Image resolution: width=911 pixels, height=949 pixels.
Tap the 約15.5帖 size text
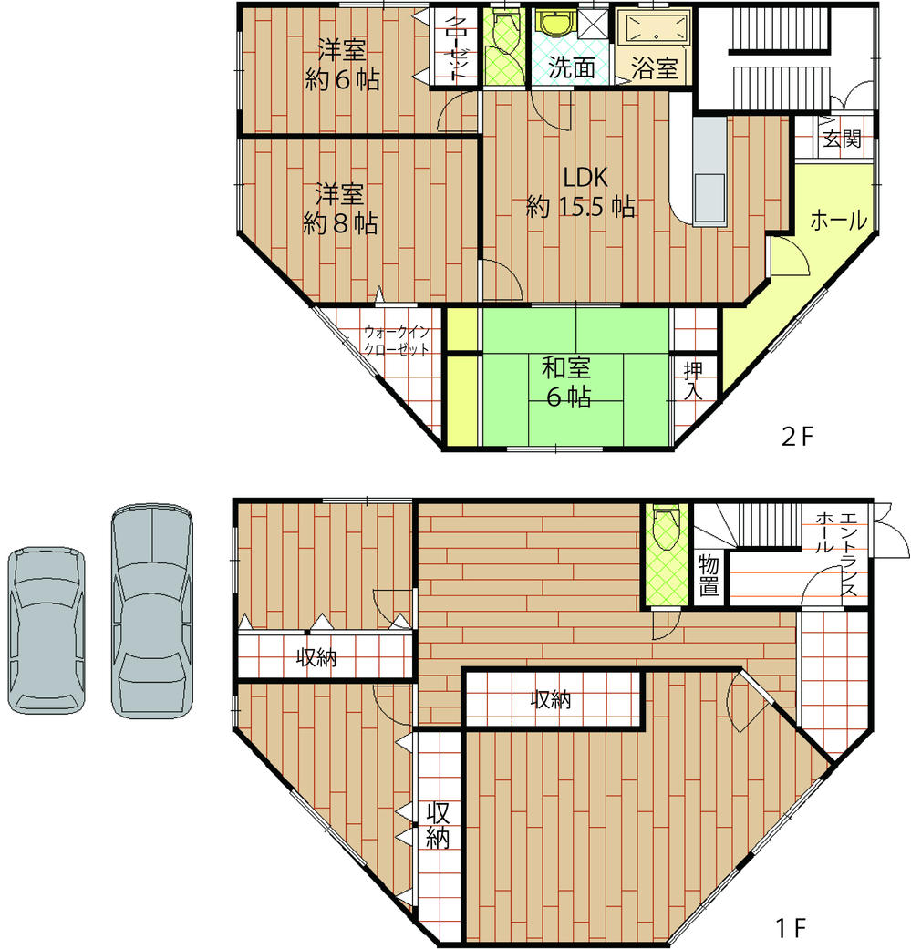tap(580, 208)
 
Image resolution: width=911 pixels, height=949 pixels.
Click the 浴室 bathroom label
tap(656, 68)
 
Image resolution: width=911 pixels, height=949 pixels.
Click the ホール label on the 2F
tap(838, 221)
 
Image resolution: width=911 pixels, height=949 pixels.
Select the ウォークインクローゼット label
tap(396, 340)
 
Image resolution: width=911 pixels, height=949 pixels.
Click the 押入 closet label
tap(694, 381)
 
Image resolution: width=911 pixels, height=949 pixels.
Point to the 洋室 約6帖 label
tap(342, 64)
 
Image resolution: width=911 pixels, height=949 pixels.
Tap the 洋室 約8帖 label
tap(340, 209)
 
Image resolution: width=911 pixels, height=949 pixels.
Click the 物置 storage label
tap(709, 575)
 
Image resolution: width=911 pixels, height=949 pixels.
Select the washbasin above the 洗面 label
tap(552, 24)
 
